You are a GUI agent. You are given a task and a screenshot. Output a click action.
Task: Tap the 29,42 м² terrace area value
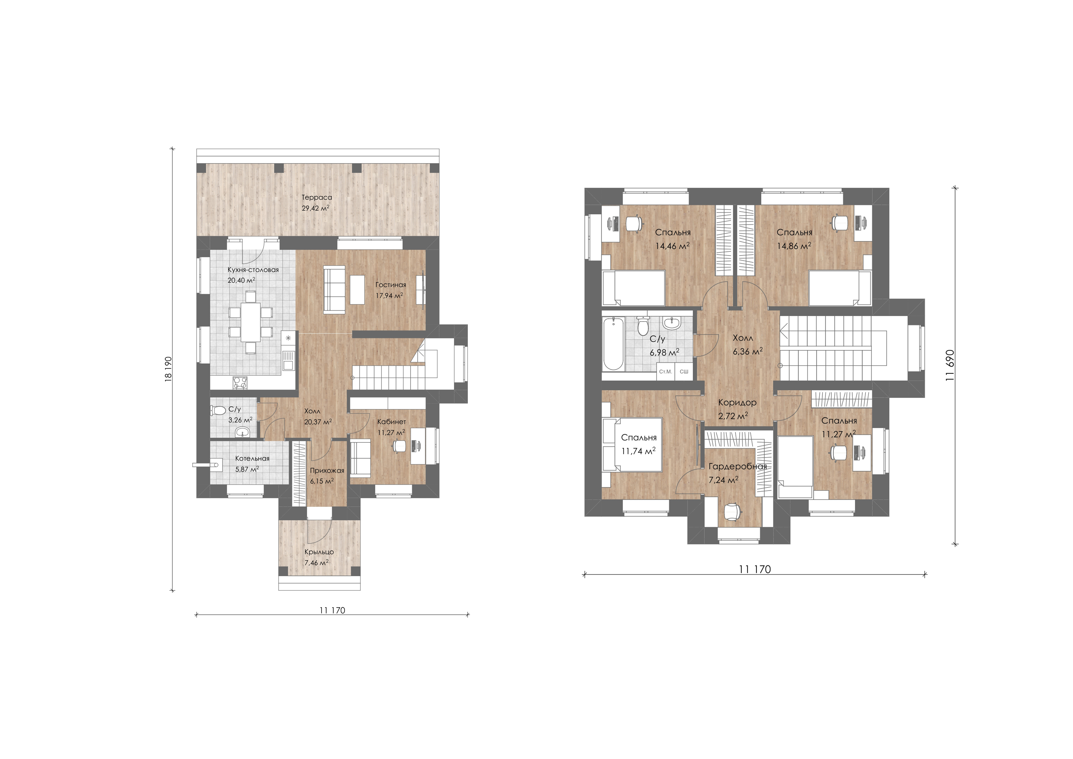pyautogui.click(x=315, y=208)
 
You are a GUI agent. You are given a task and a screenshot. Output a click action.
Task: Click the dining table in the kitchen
pyautogui.click(x=250, y=322)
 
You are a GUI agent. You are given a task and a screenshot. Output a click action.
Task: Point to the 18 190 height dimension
pyautogui.click(x=168, y=369)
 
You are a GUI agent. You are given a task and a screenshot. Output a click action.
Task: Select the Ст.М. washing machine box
pyautogui.click(x=666, y=371)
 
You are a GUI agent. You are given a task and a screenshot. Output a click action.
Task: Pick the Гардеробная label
pyautogui.click(x=738, y=466)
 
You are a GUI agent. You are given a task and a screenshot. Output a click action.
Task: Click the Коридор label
pyautogui.click(x=737, y=402)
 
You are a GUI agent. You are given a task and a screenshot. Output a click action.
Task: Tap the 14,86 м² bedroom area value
pyautogui.click(x=794, y=246)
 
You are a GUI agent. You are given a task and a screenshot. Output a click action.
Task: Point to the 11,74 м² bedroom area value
pyautogui.click(x=638, y=451)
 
